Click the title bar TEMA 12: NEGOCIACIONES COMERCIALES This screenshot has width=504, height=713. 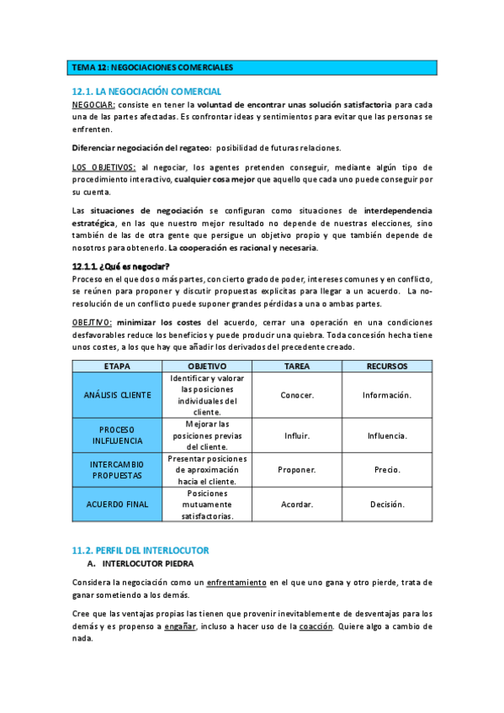pyautogui.click(x=152, y=67)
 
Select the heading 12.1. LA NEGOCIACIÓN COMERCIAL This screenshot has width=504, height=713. pyautogui.click(x=147, y=91)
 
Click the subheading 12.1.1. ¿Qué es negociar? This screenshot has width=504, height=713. pyautogui.click(x=121, y=266)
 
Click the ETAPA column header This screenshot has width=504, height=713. pyautogui.click(x=117, y=367)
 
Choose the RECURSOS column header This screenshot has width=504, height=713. pyautogui.click(x=387, y=367)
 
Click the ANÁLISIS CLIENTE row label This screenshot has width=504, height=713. pyautogui.click(x=117, y=395)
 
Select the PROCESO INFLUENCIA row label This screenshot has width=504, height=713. pyautogui.click(x=117, y=436)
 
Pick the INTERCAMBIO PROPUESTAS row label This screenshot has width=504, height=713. pyautogui.click(x=117, y=470)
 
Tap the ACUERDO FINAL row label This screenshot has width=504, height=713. pyautogui.click(x=117, y=504)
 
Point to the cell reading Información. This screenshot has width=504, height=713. pyautogui.click(x=387, y=395)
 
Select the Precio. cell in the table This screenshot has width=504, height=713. pyautogui.click(x=387, y=470)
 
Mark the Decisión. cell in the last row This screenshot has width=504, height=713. pyautogui.click(x=387, y=504)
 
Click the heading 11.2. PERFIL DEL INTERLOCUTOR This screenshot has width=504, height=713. pyautogui.click(x=140, y=549)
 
